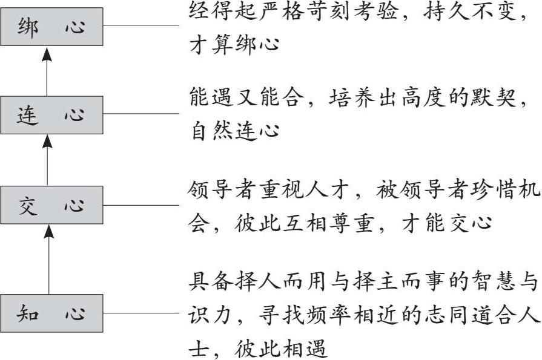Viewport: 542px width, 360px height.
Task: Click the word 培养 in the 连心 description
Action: pos(351,99)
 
